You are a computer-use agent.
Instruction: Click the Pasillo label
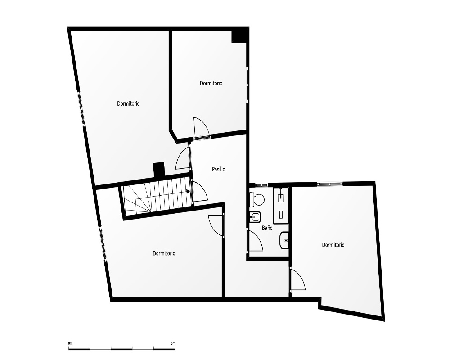click(x=218, y=169)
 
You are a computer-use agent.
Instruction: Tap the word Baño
click(x=267, y=228)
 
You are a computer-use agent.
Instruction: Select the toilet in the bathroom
click(x=257, y=199)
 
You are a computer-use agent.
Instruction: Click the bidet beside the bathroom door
click(x=255, y=217)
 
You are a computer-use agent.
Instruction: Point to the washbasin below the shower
click(x=284, y=240)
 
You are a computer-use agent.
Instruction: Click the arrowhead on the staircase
click(x=188, y=192)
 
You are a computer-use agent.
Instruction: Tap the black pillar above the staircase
click(x=159, y=170)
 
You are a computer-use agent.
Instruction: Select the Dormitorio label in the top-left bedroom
click(x=128, y=103)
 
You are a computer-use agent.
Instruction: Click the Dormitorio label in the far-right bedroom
click(x=333, y=245)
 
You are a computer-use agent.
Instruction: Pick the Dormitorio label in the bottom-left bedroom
click(x=164, y=253)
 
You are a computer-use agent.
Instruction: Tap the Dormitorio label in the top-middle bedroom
click(x=211, y=83)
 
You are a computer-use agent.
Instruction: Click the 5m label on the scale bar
click(x=173, y=343)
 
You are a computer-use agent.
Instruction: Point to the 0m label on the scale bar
click(x=70, y=343)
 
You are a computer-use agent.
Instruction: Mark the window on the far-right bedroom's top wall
click(x=330, y=184)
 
